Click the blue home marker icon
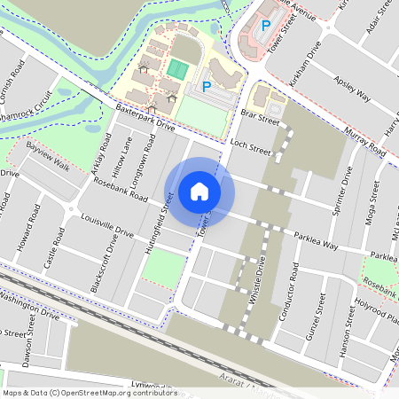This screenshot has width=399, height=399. (199, 191)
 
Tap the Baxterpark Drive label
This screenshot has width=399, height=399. (145, 118)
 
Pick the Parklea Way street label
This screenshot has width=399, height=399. (317, 241)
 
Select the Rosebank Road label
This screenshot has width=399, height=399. (120, 185)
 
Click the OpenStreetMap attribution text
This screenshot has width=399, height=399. (89, 392)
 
